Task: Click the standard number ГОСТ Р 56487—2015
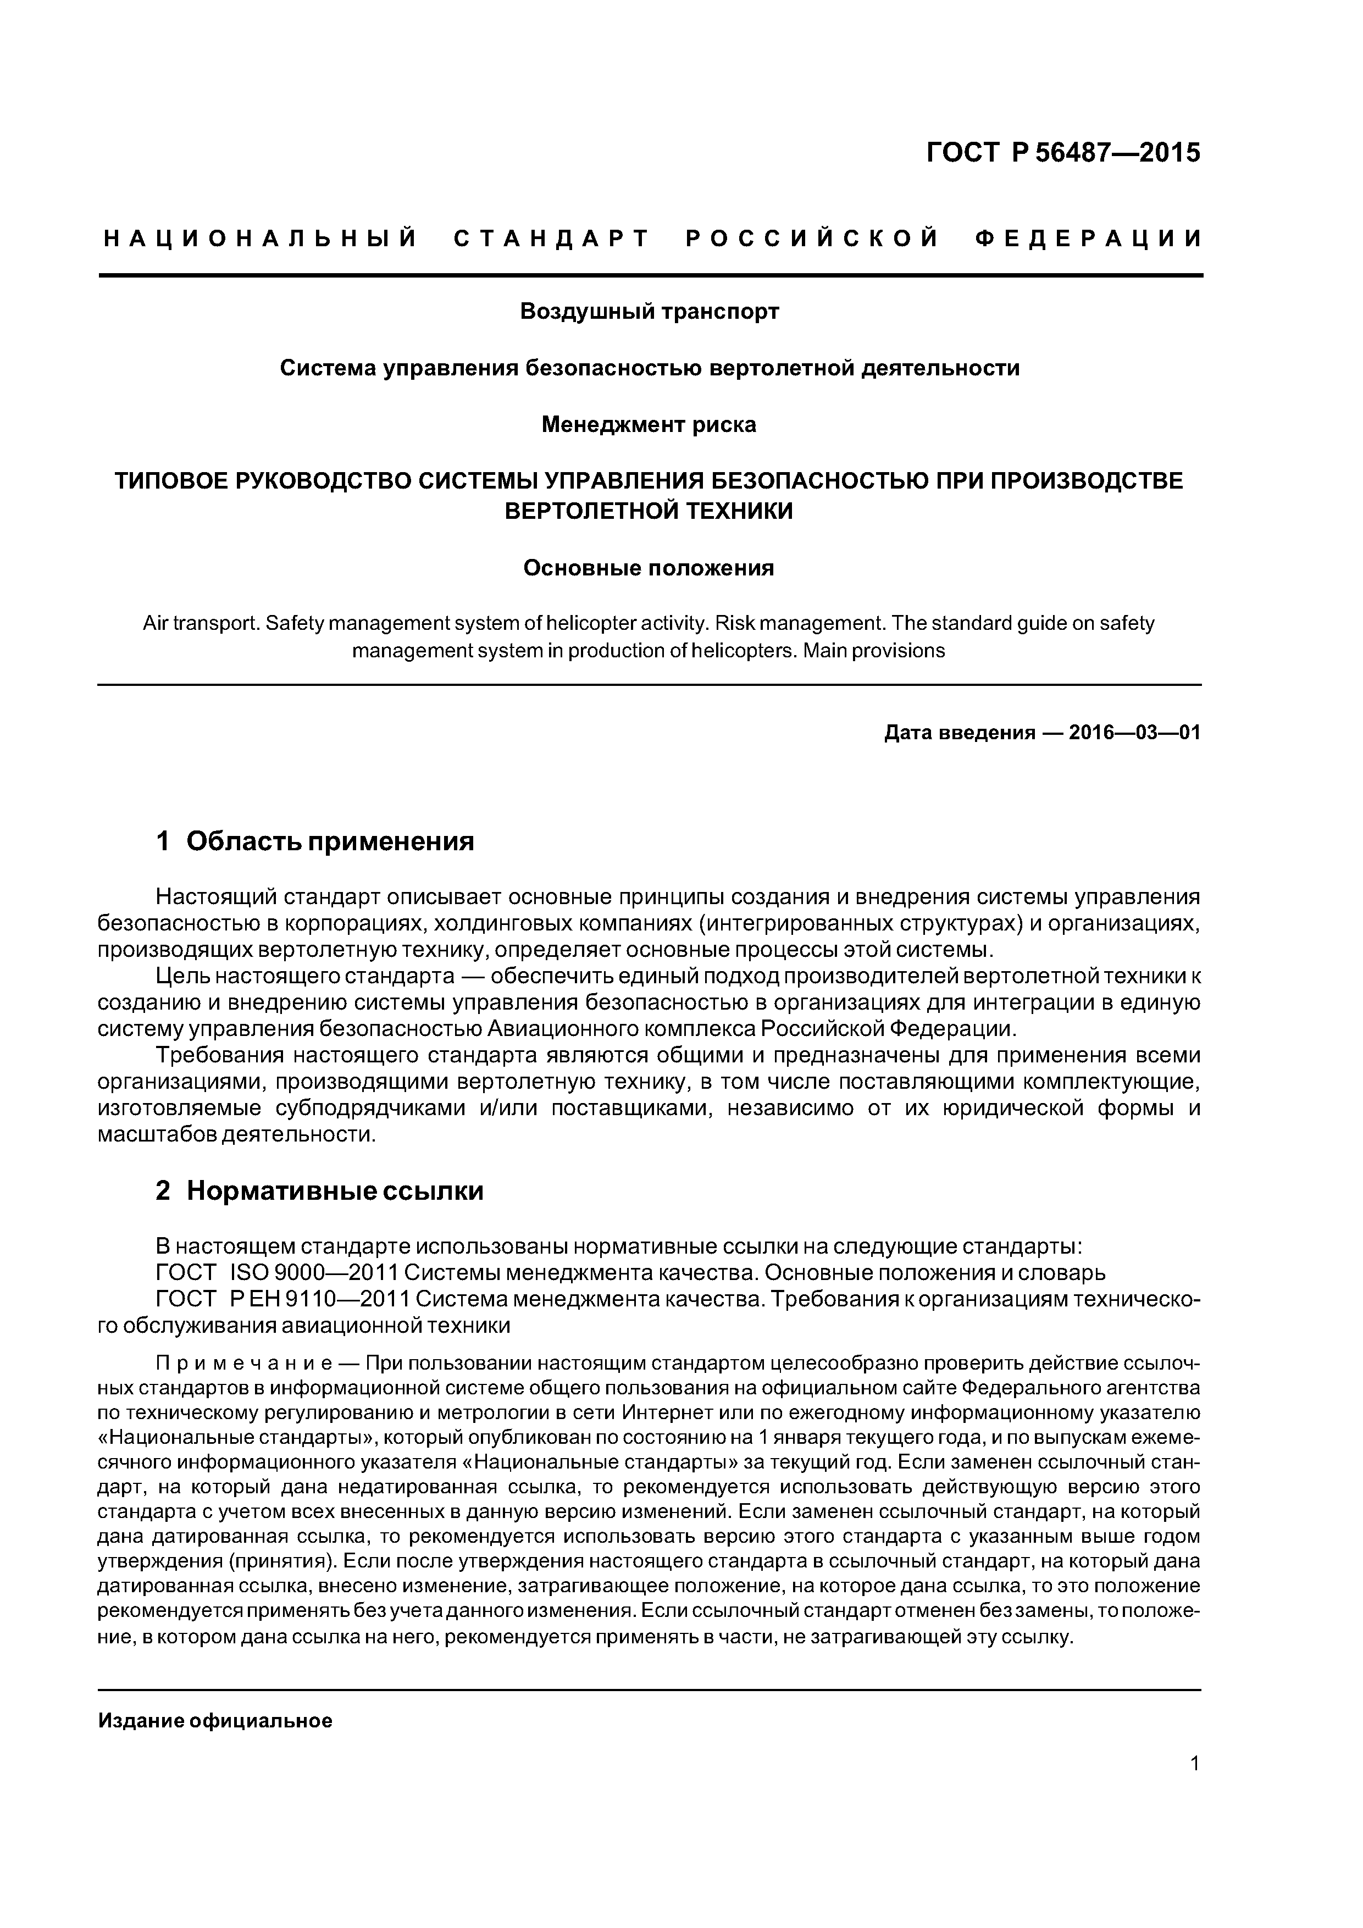pos(1063,153)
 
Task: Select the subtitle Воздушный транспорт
pos(649,312)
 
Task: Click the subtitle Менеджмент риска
pos(649,425)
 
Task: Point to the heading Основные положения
pos(649,568)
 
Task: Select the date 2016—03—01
pos(1134,733)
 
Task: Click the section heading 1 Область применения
pos(315,841)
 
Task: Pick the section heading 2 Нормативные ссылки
pos(319,1191)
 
